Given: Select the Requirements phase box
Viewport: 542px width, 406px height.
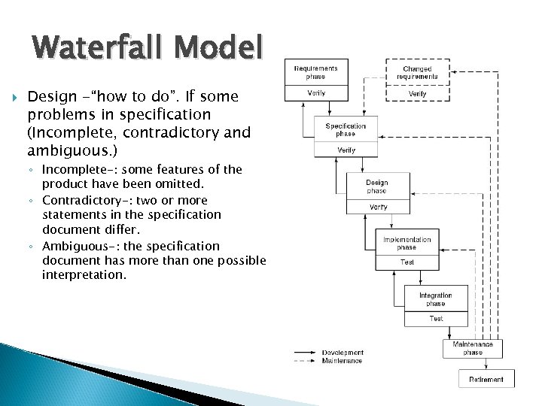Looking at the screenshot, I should click(x=316, y=72).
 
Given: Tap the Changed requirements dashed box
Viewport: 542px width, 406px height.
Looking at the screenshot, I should click(x=417, y=72).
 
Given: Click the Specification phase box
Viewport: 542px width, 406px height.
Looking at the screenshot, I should click(x=346, y=129).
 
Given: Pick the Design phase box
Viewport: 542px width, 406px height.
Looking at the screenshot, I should click(x=377, y=186).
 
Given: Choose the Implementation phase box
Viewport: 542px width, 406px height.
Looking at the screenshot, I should click(x=406, y=243).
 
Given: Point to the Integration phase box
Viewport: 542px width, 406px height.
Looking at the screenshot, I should click(x=436, y=299).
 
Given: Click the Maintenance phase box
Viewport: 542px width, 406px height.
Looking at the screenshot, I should click(x=473, y=348).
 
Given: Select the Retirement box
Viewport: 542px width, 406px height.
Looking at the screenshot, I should click(x=486, y=380).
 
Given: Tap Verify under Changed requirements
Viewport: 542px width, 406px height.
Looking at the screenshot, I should click(x=417, y=94).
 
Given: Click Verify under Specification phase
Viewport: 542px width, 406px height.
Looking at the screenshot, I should click(x=346, y=150).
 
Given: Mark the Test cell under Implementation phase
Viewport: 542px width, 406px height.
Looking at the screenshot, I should click(x=406, y=262).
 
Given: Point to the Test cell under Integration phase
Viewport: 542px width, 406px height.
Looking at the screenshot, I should click(x=436, y=319).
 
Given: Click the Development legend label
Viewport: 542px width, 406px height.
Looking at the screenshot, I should click(x=343, y=353).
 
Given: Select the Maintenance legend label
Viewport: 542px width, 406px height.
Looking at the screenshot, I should click(x=342, y=361).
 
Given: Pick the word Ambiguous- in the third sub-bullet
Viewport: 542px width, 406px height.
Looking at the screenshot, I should click(x=73, y=247).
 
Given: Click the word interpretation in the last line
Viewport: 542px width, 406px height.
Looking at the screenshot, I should click(x=84, y=275).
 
